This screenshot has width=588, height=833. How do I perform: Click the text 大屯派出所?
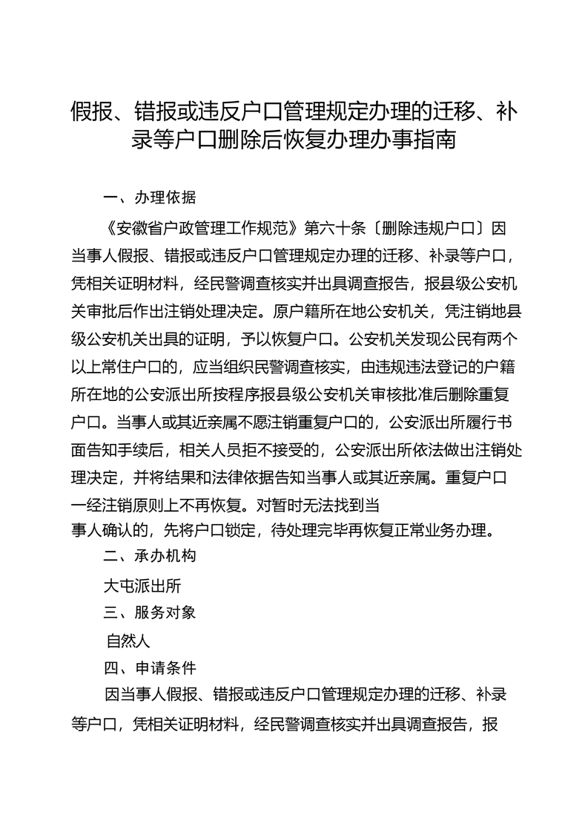point(142,585)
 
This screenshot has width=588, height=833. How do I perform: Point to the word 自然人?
point(129,641)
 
